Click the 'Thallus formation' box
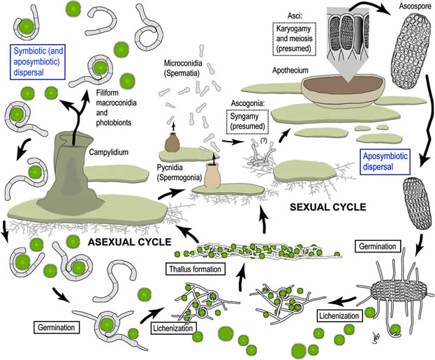point(196,269)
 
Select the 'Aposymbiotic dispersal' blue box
point(385,162)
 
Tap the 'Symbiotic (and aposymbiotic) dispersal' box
point(38,62)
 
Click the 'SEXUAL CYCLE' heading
point(328,207)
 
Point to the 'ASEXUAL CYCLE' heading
point(130,242)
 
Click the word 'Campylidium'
point(109,152)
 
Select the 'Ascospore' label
point(415,6)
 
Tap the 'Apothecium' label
point(290,70)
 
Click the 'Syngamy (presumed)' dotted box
point(247,121)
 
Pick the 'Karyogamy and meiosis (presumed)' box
point(294,39)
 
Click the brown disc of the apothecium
point(344,85)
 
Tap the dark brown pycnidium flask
point(172,142)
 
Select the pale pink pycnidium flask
point(212,175)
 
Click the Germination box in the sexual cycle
point(378,246)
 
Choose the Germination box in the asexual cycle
point(57,327)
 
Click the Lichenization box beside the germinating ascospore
point(339,316)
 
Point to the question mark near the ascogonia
point(263,140)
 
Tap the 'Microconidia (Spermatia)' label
point(183,68)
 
